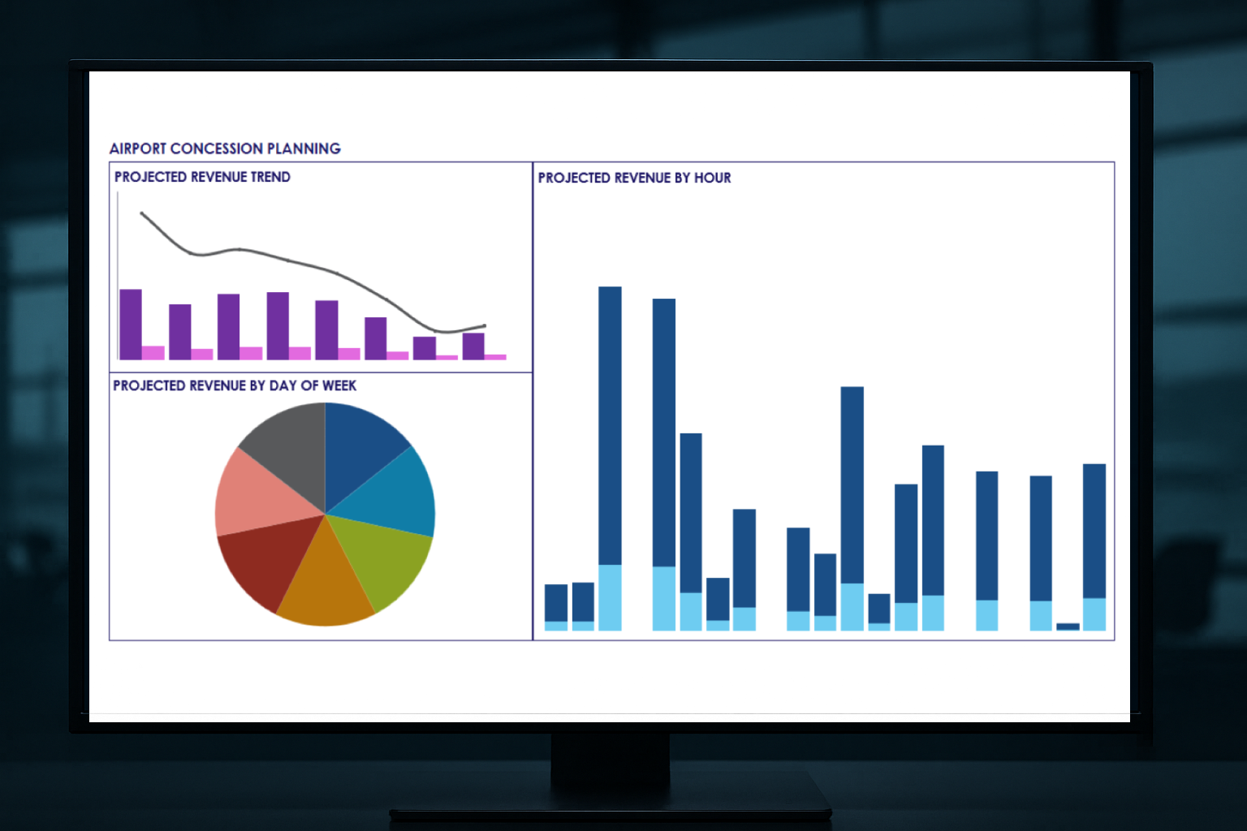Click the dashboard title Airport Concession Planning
pyautogui.click(x=225, y=149)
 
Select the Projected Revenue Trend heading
pyautogui.click(x=202, y=177)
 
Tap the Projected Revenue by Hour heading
pyautogui.click(x=634, y=178)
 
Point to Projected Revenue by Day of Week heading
pyautogui.click(x=235, y=385)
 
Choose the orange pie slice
pyautogui.click(x=325, y=588)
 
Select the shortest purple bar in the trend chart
pyautogui.click(x=425, y=347)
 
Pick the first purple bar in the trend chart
pyautogui.click(x=131, y=324)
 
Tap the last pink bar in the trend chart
pyautogui.click(x=495, y=356)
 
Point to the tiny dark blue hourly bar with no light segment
pyautogui.click(x=1068, y=626)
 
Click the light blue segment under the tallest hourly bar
pyautogui.click(x=610, y=597)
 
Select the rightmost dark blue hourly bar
pyautogui.click(x=1094, y=531)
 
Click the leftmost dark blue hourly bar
pyautogui.click(x=556, y=602)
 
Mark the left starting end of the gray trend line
pyautogui.click(x=142, y=213)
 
